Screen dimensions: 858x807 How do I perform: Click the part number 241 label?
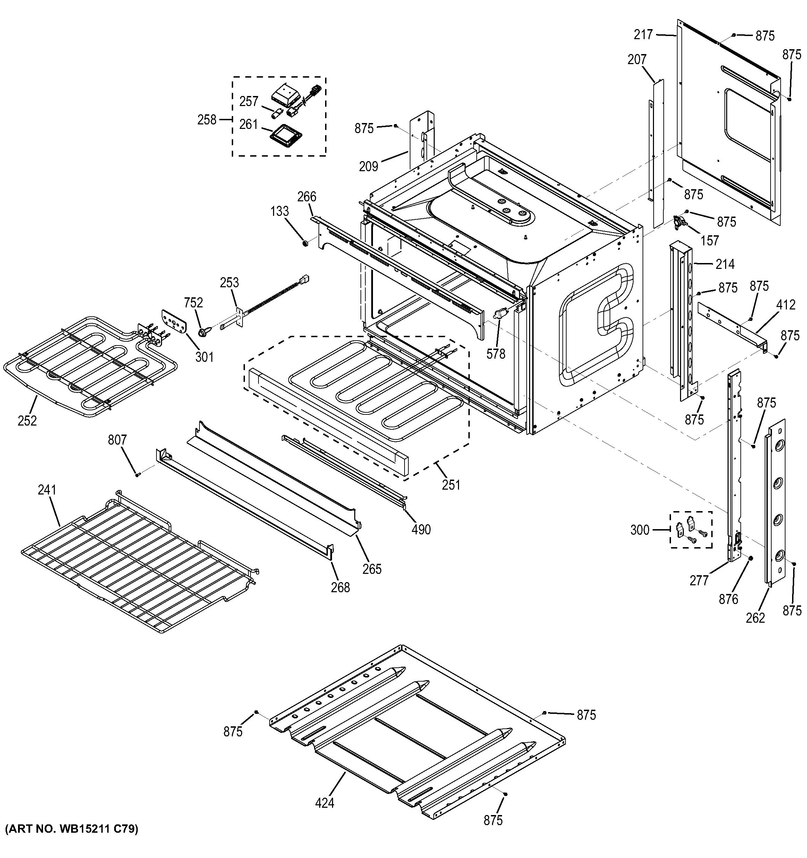46,490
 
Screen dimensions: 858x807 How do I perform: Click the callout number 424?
324,803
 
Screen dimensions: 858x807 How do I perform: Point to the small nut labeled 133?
305,244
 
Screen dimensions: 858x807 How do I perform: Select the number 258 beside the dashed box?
206,120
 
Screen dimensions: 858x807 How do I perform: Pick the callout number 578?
495,354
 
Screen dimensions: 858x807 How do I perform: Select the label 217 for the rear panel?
643,35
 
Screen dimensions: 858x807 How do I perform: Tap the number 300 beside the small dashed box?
640,530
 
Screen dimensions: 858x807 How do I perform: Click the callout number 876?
728,599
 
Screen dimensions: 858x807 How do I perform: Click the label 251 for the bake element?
451,485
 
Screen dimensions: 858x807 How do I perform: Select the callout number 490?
421,529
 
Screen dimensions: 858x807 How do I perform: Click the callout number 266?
307,197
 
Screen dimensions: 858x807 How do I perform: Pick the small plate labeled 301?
175,321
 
